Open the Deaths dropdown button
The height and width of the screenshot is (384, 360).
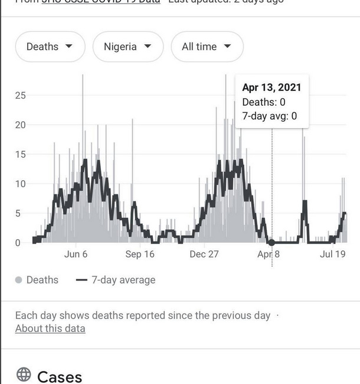click(50, 47)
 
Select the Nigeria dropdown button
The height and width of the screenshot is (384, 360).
click(127, 47)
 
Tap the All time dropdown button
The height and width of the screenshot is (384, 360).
click(207, 47)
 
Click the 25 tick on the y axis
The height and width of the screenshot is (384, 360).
click(21, 95)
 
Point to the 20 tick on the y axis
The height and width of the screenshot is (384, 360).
click(21, 125)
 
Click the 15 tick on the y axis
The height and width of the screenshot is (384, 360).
click(21, 154)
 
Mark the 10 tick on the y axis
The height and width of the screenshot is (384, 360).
click(21, 184)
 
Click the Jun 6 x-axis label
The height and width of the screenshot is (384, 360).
click(76, 254)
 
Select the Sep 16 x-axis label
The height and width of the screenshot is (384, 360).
click(140, 254)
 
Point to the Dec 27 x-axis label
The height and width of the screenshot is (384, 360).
click(205, 254)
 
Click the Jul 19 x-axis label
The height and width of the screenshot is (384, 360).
click(332, 254)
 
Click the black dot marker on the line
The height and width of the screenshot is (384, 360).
click(271, 242)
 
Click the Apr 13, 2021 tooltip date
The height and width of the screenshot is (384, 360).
click(271, 87)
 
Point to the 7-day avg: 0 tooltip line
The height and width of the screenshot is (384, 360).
click(269, 116)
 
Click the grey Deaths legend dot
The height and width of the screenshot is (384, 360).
click(19, 280)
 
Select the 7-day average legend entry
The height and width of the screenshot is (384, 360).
click(116, 280)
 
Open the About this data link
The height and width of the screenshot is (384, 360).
click(50, 328)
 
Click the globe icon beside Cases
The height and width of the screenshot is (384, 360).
click(24, 375)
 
